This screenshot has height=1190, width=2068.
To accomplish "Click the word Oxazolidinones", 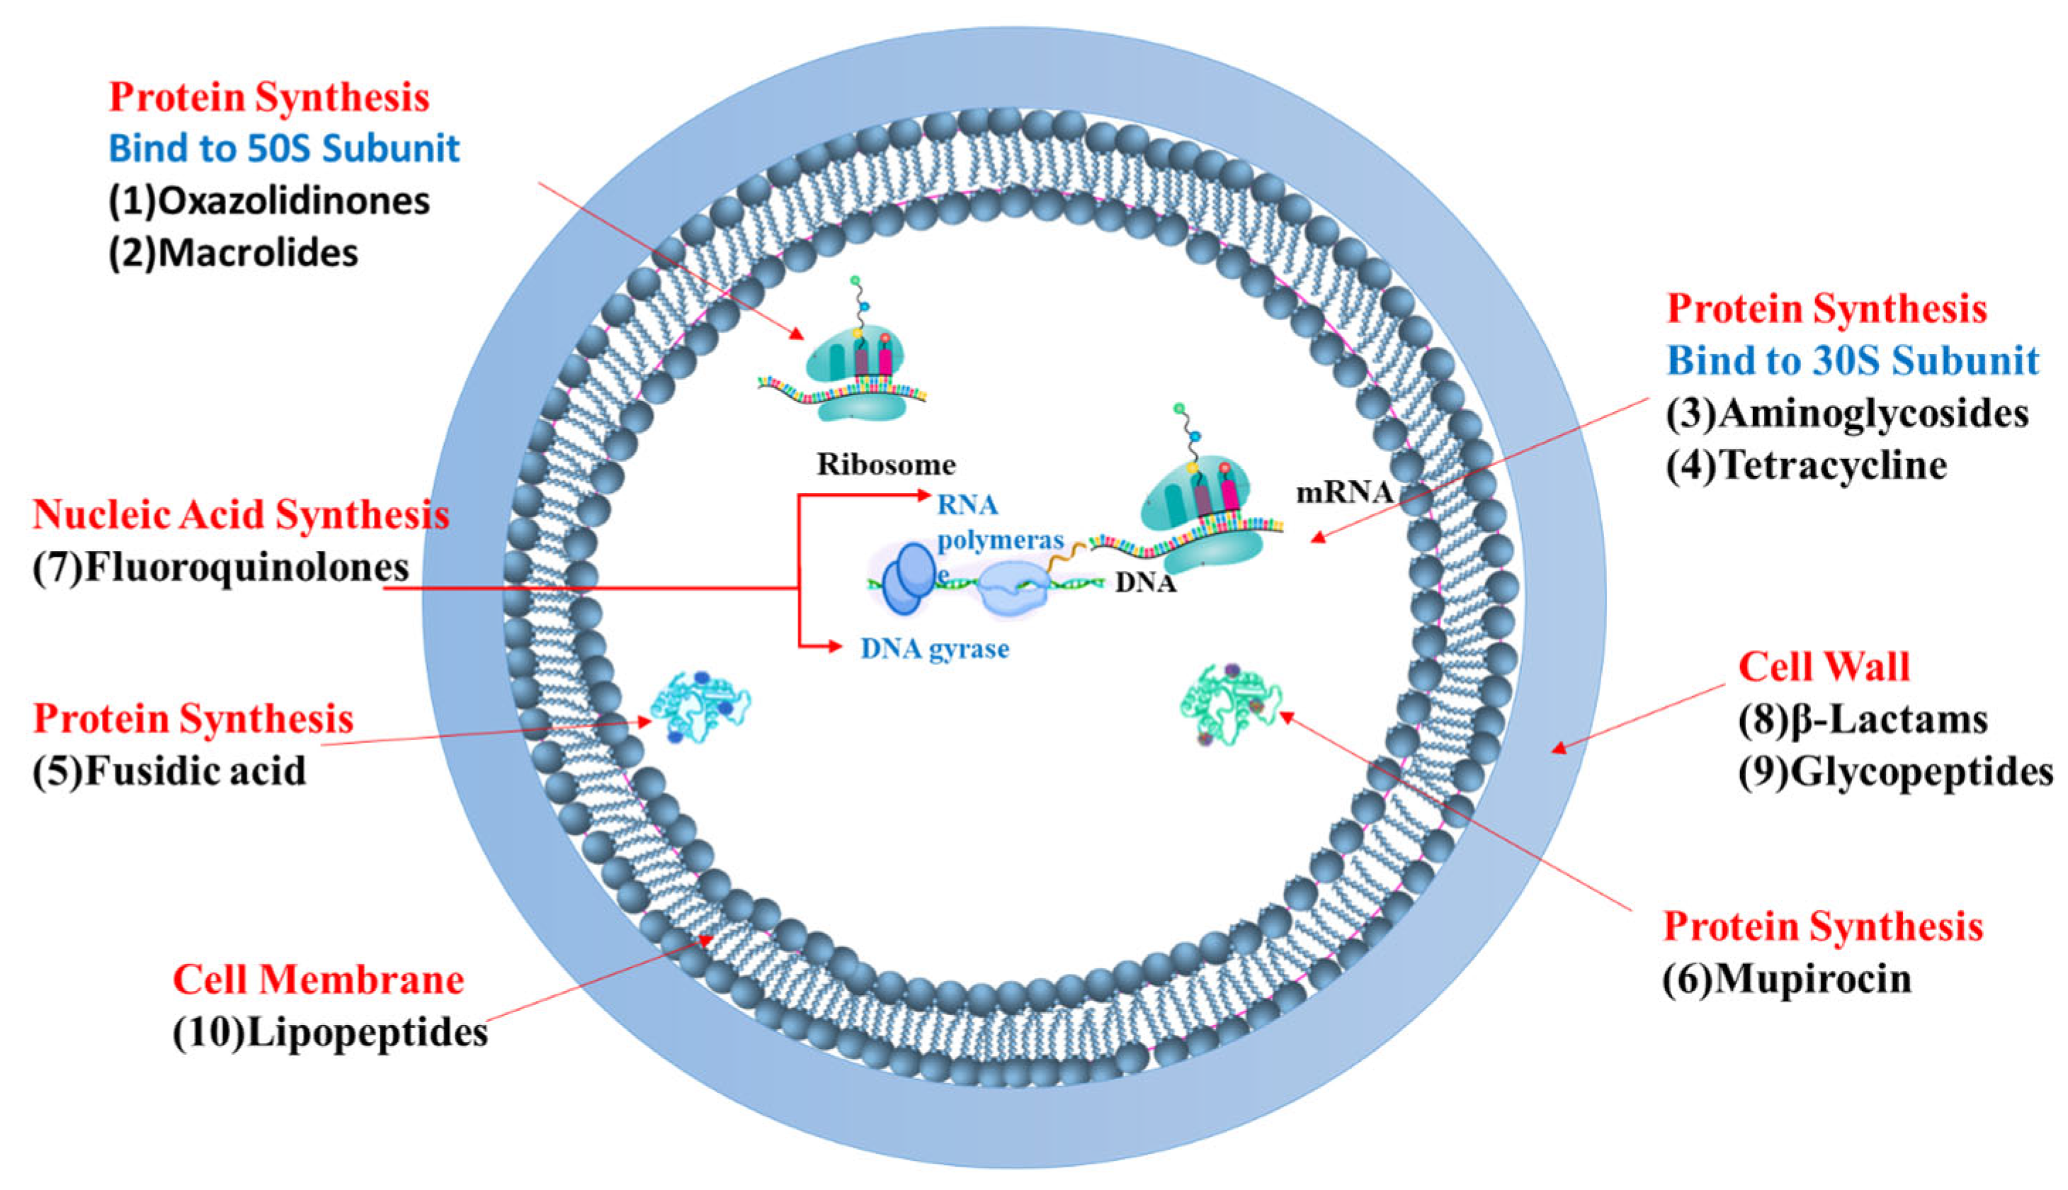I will (x=292, y=201).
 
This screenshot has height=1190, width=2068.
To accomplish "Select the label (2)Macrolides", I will (x=234, y=254).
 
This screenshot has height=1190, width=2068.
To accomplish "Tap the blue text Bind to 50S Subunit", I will (x=284, y=149).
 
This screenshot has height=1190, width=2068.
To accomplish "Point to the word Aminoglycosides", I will (x=1873, y=414).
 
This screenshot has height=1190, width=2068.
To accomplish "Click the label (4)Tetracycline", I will (x=1806, y=466).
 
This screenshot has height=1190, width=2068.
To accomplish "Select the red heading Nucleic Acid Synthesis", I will (x=241, y=515).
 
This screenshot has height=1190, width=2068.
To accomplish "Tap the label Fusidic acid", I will (x=195, y=771).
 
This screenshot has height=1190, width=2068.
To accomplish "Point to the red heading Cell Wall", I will (x=1824, y=667).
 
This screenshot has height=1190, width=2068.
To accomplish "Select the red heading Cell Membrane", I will (x=319, y=980).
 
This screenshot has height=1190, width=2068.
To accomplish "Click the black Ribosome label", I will (x=887, y=465).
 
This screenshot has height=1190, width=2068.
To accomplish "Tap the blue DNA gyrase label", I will (x=935, y=649).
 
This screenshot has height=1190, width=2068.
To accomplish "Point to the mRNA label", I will (x=1343, y=493).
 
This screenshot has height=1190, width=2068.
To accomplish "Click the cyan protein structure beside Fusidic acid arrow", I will (x=700, y=708).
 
